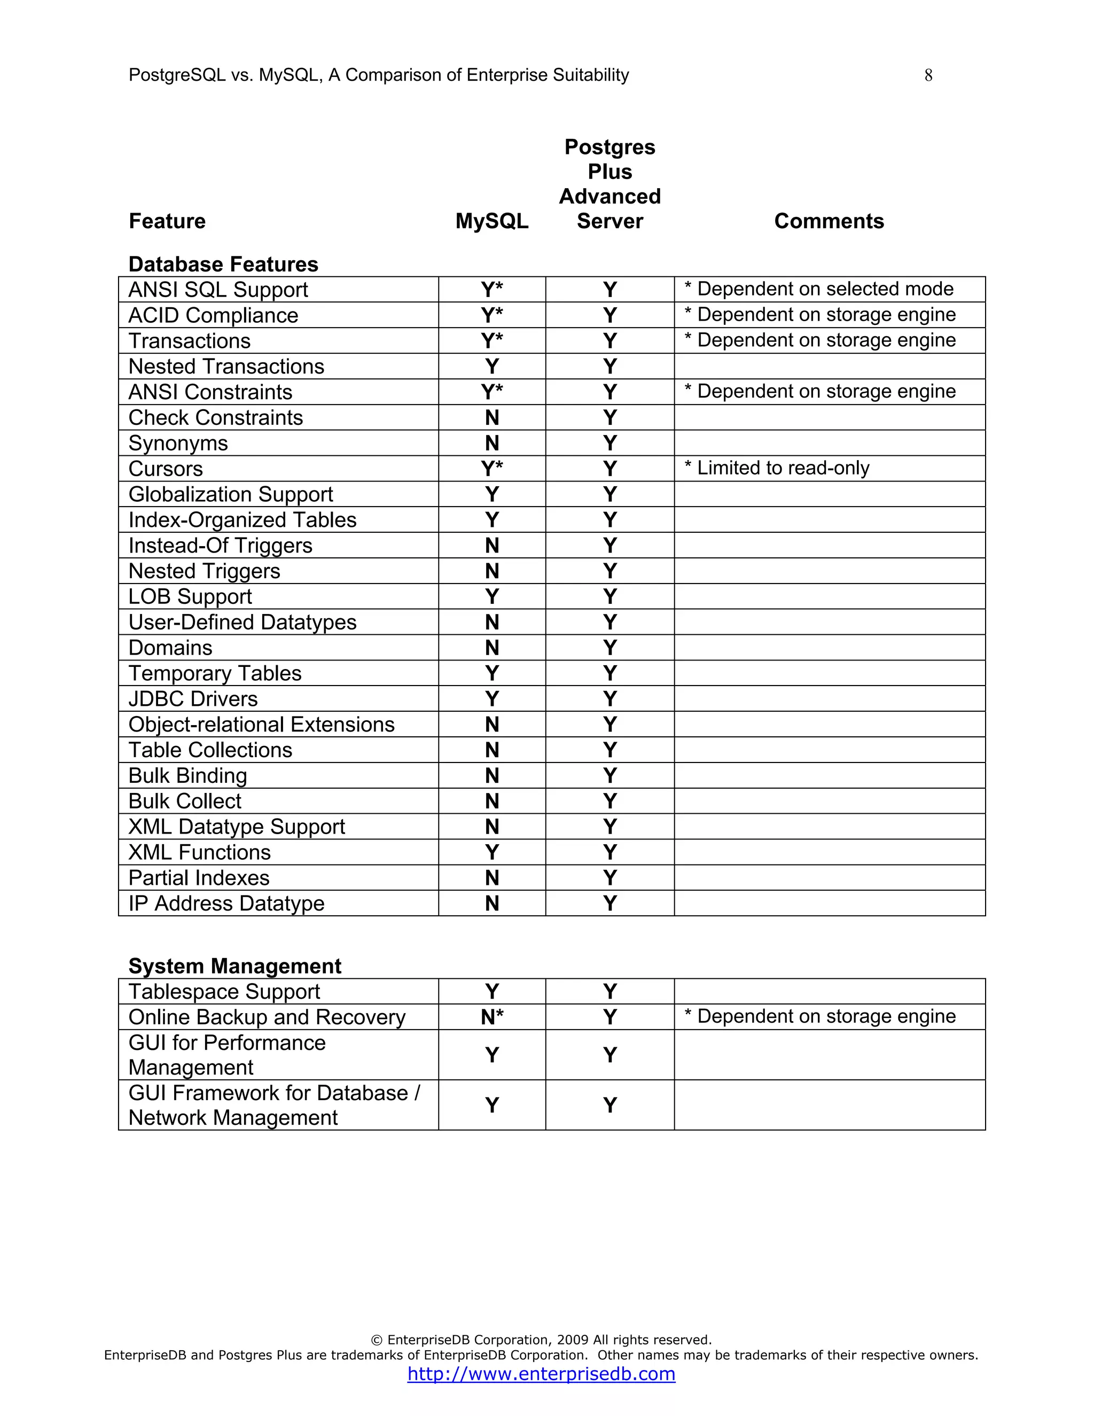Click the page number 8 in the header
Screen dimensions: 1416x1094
[928, 76]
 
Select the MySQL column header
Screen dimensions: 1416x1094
[491, 221]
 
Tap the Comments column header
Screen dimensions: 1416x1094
[829, 221]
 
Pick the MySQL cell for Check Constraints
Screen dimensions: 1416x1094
[492, 417]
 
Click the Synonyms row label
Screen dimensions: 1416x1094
[178, 444]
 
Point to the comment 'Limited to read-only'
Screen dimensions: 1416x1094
[777, 468]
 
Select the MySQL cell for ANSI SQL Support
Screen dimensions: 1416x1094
[492, 289]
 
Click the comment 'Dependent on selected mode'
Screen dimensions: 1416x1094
[819, 289]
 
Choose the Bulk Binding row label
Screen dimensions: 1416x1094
[188, 775]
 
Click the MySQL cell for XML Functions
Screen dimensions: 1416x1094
[492, 852]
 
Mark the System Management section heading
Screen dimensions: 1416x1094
[235, 966]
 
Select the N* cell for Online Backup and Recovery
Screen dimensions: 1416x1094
[492, 1017]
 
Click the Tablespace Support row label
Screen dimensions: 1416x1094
[224, 992]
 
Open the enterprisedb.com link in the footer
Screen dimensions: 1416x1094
[541, 1373]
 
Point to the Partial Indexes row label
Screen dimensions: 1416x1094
[199, 878]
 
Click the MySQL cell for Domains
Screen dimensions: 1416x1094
[492, 648]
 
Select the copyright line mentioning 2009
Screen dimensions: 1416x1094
[541, 1340]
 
